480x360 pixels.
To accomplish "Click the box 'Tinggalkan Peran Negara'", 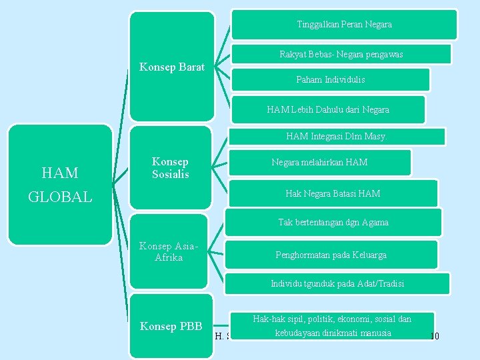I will pos(344,25).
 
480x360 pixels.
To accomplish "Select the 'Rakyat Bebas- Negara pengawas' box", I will pos(341,54).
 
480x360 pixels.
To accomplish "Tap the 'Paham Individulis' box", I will pos(330,79).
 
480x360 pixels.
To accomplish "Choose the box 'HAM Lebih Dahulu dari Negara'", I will pos(327,109).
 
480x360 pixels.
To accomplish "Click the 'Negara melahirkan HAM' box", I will pos(319,162).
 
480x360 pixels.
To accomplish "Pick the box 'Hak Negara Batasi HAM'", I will pos(333,193).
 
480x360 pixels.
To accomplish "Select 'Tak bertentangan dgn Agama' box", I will pos(333,222).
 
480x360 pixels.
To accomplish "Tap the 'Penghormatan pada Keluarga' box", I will pos(331,255).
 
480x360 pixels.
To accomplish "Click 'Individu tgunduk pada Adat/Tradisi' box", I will pos(337,283).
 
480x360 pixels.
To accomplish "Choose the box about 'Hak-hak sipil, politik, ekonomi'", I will pos(332,326).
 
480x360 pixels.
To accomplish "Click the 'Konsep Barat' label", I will pos(172,67).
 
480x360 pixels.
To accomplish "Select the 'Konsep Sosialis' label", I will pos(171,168).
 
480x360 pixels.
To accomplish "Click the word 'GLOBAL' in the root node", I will pos(60,197).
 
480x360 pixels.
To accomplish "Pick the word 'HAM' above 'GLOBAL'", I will pos(60,173).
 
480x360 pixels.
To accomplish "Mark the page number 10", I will pos(434,336).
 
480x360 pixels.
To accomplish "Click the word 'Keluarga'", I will pos(369,255).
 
